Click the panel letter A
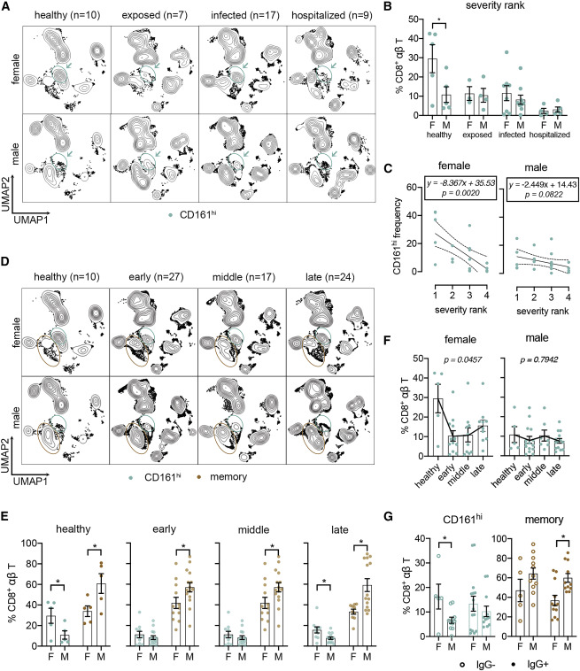pos(7,8)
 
